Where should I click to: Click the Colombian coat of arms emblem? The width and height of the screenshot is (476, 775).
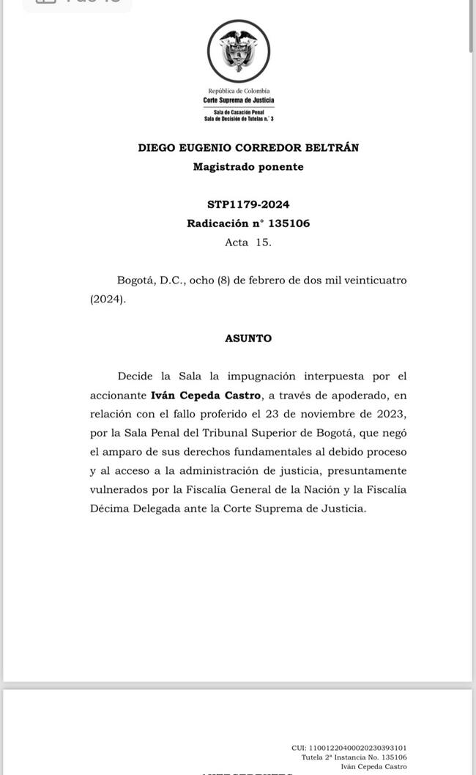(238, 51)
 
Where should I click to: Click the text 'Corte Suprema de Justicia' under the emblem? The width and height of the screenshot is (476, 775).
(238, 100)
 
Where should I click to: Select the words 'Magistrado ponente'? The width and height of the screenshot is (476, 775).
(248, 166)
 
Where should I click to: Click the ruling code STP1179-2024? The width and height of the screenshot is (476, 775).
(248, 204)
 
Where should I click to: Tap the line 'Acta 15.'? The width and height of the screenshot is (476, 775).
(248, 242)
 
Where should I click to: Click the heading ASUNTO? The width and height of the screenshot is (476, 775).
(248, 338)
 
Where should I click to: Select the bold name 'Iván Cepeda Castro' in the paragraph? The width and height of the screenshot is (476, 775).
(206, 396)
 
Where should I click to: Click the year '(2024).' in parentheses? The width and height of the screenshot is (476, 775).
(108, 300)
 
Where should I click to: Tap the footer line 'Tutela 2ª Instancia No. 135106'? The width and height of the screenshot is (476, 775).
(354, 757)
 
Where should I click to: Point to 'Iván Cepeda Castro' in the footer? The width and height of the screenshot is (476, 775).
(373, 766)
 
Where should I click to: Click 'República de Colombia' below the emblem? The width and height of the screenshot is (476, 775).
(239, 91)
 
